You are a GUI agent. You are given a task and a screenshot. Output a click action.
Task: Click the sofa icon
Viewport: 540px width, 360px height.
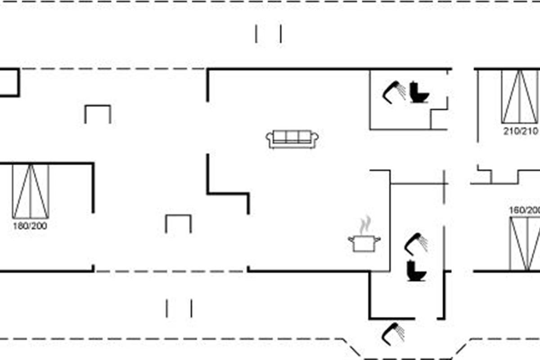(x=292, y=139)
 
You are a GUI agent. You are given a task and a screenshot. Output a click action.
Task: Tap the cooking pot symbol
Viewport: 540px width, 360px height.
(x=364, y=243)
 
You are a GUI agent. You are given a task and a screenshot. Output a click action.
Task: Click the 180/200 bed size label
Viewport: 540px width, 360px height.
(x=30, y=226)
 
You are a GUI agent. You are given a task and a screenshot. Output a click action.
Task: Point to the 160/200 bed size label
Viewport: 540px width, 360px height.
(x=525, y=210)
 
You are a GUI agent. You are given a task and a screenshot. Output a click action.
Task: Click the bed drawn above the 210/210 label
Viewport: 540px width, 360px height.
(x=520, y=96)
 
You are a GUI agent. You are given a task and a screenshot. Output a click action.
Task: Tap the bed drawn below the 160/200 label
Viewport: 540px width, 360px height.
(x=525, y=244)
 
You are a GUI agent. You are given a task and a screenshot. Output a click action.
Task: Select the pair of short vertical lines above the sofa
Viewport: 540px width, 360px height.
(x=269, y=34)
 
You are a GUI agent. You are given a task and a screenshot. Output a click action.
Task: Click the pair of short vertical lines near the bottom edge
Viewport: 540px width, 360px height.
(x=179, y=309)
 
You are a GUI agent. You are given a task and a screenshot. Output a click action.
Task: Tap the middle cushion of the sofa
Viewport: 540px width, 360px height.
(x=292, y=137)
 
